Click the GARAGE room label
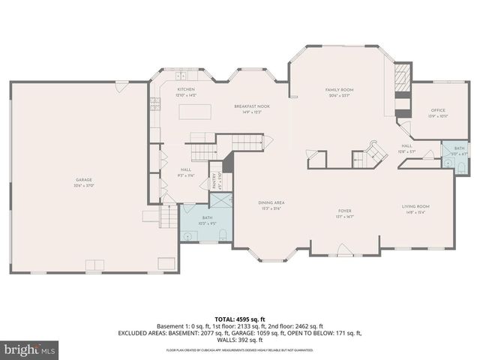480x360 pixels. [x=83, y=180]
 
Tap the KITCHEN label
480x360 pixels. [x=185, y=89]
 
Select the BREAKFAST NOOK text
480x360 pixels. [x=251, y=106]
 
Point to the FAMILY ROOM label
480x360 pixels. [x=339, y=90]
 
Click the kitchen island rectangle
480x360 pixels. [x=193, y=112]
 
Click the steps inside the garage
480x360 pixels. [x=169, y=217]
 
